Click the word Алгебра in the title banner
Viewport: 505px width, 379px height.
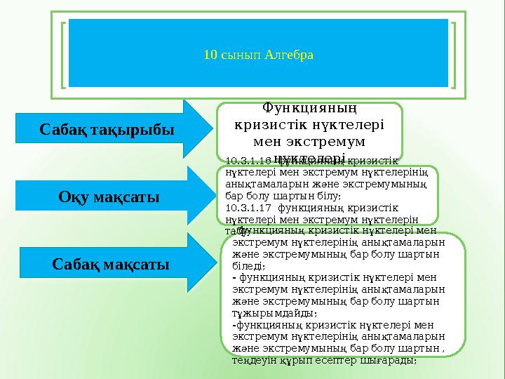[290, 54]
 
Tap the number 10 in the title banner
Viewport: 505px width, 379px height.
[209, 54]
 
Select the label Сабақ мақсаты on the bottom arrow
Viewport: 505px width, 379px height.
[111, 265]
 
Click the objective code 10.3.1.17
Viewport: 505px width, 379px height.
[249, 208]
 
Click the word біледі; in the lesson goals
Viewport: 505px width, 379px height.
[248, 265]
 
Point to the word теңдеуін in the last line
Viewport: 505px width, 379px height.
[250, 359]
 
